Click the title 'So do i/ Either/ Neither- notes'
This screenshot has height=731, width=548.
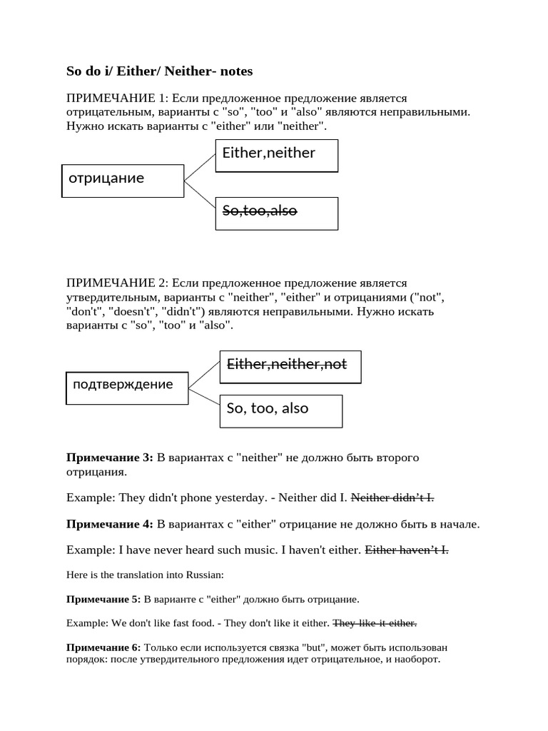[159, 71]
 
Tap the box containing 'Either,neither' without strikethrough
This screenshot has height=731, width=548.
[277, 156]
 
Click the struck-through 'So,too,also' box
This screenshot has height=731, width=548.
[277, 213]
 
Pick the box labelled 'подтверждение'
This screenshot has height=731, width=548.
[127, 387]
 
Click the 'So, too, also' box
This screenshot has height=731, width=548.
[281, 410]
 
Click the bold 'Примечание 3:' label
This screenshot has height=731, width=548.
[109, 458]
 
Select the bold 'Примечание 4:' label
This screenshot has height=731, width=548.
[109, 525]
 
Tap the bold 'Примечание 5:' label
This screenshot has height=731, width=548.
[103, 600]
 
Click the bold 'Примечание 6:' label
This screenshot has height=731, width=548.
[103, 647]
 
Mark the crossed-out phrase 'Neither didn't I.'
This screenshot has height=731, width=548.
[393, 498]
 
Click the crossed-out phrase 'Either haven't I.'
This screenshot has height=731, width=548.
[407, 550]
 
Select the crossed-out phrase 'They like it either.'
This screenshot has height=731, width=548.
[375, 623]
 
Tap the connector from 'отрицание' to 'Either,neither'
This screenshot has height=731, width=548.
[200, 168]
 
